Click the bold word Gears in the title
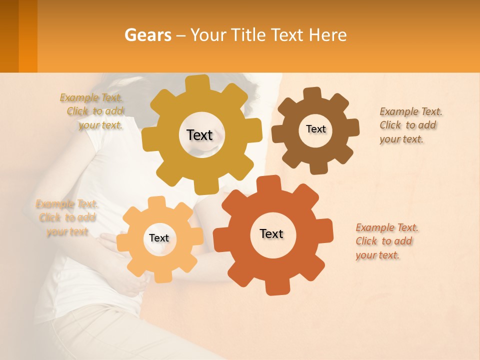[147, 35]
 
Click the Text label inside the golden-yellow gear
[199, 135]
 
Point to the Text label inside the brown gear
[315, 129]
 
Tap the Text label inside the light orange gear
[159, 238]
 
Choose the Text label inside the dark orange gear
[271, 233]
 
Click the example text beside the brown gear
[410, 125]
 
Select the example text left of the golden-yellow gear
[92, 111]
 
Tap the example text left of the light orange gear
[66, 217]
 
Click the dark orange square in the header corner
[9, 36]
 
